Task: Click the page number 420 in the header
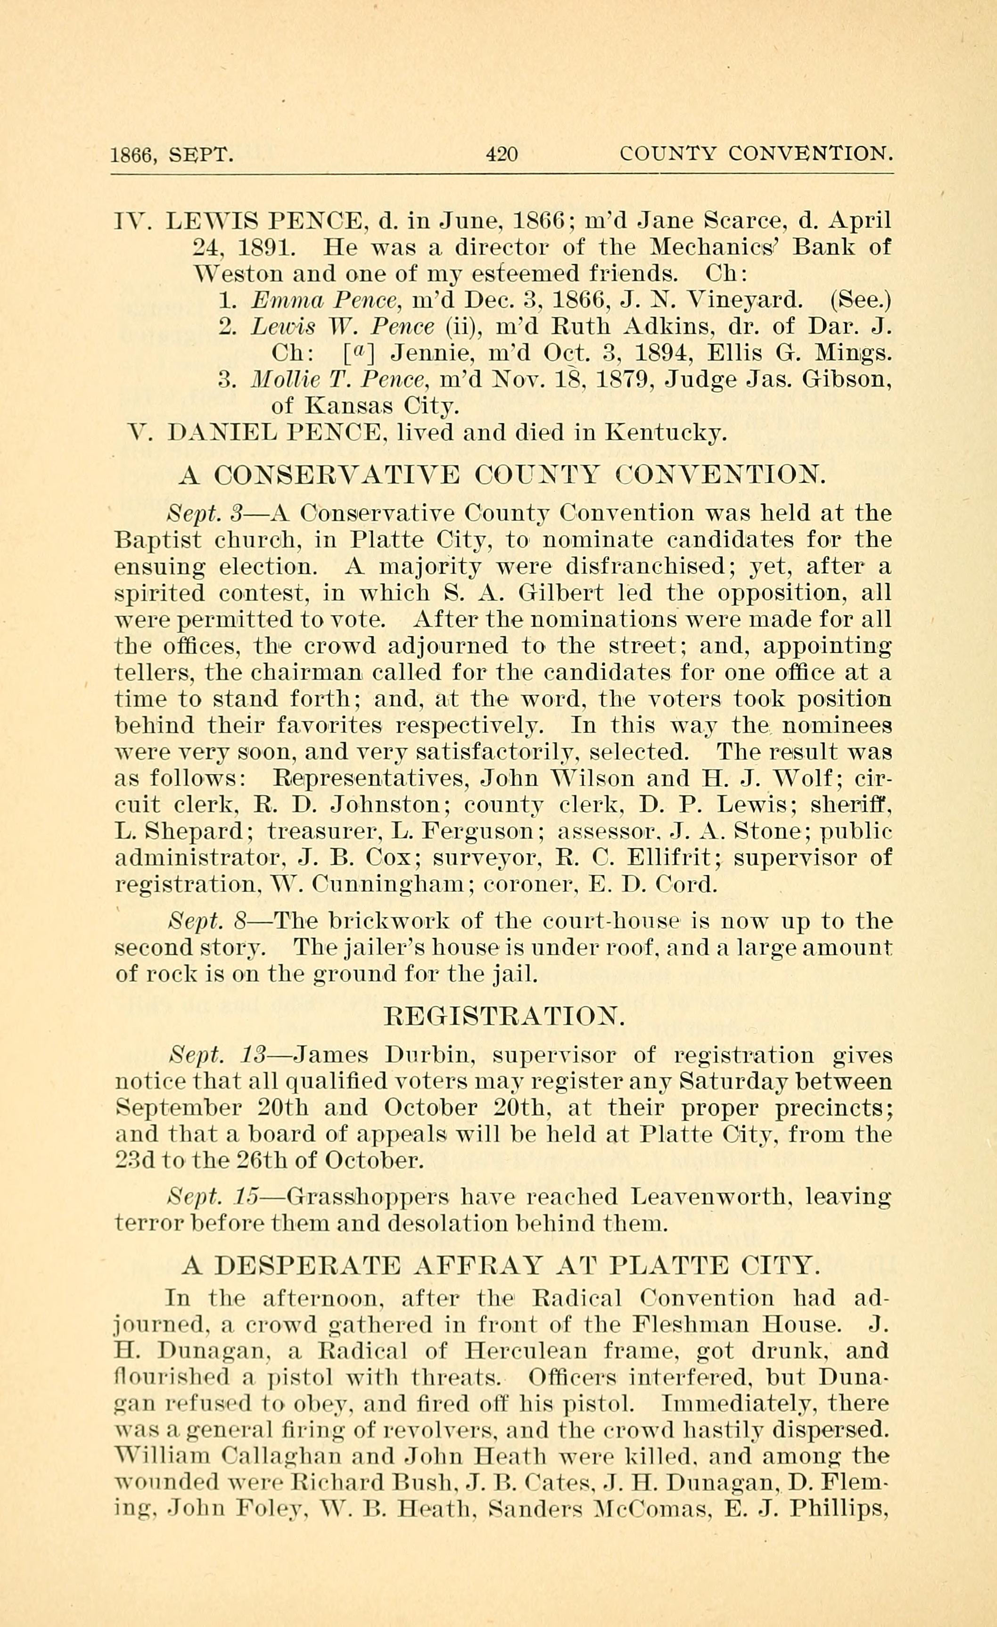(x=502, y=155)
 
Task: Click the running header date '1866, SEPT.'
(x=172, y=155)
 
